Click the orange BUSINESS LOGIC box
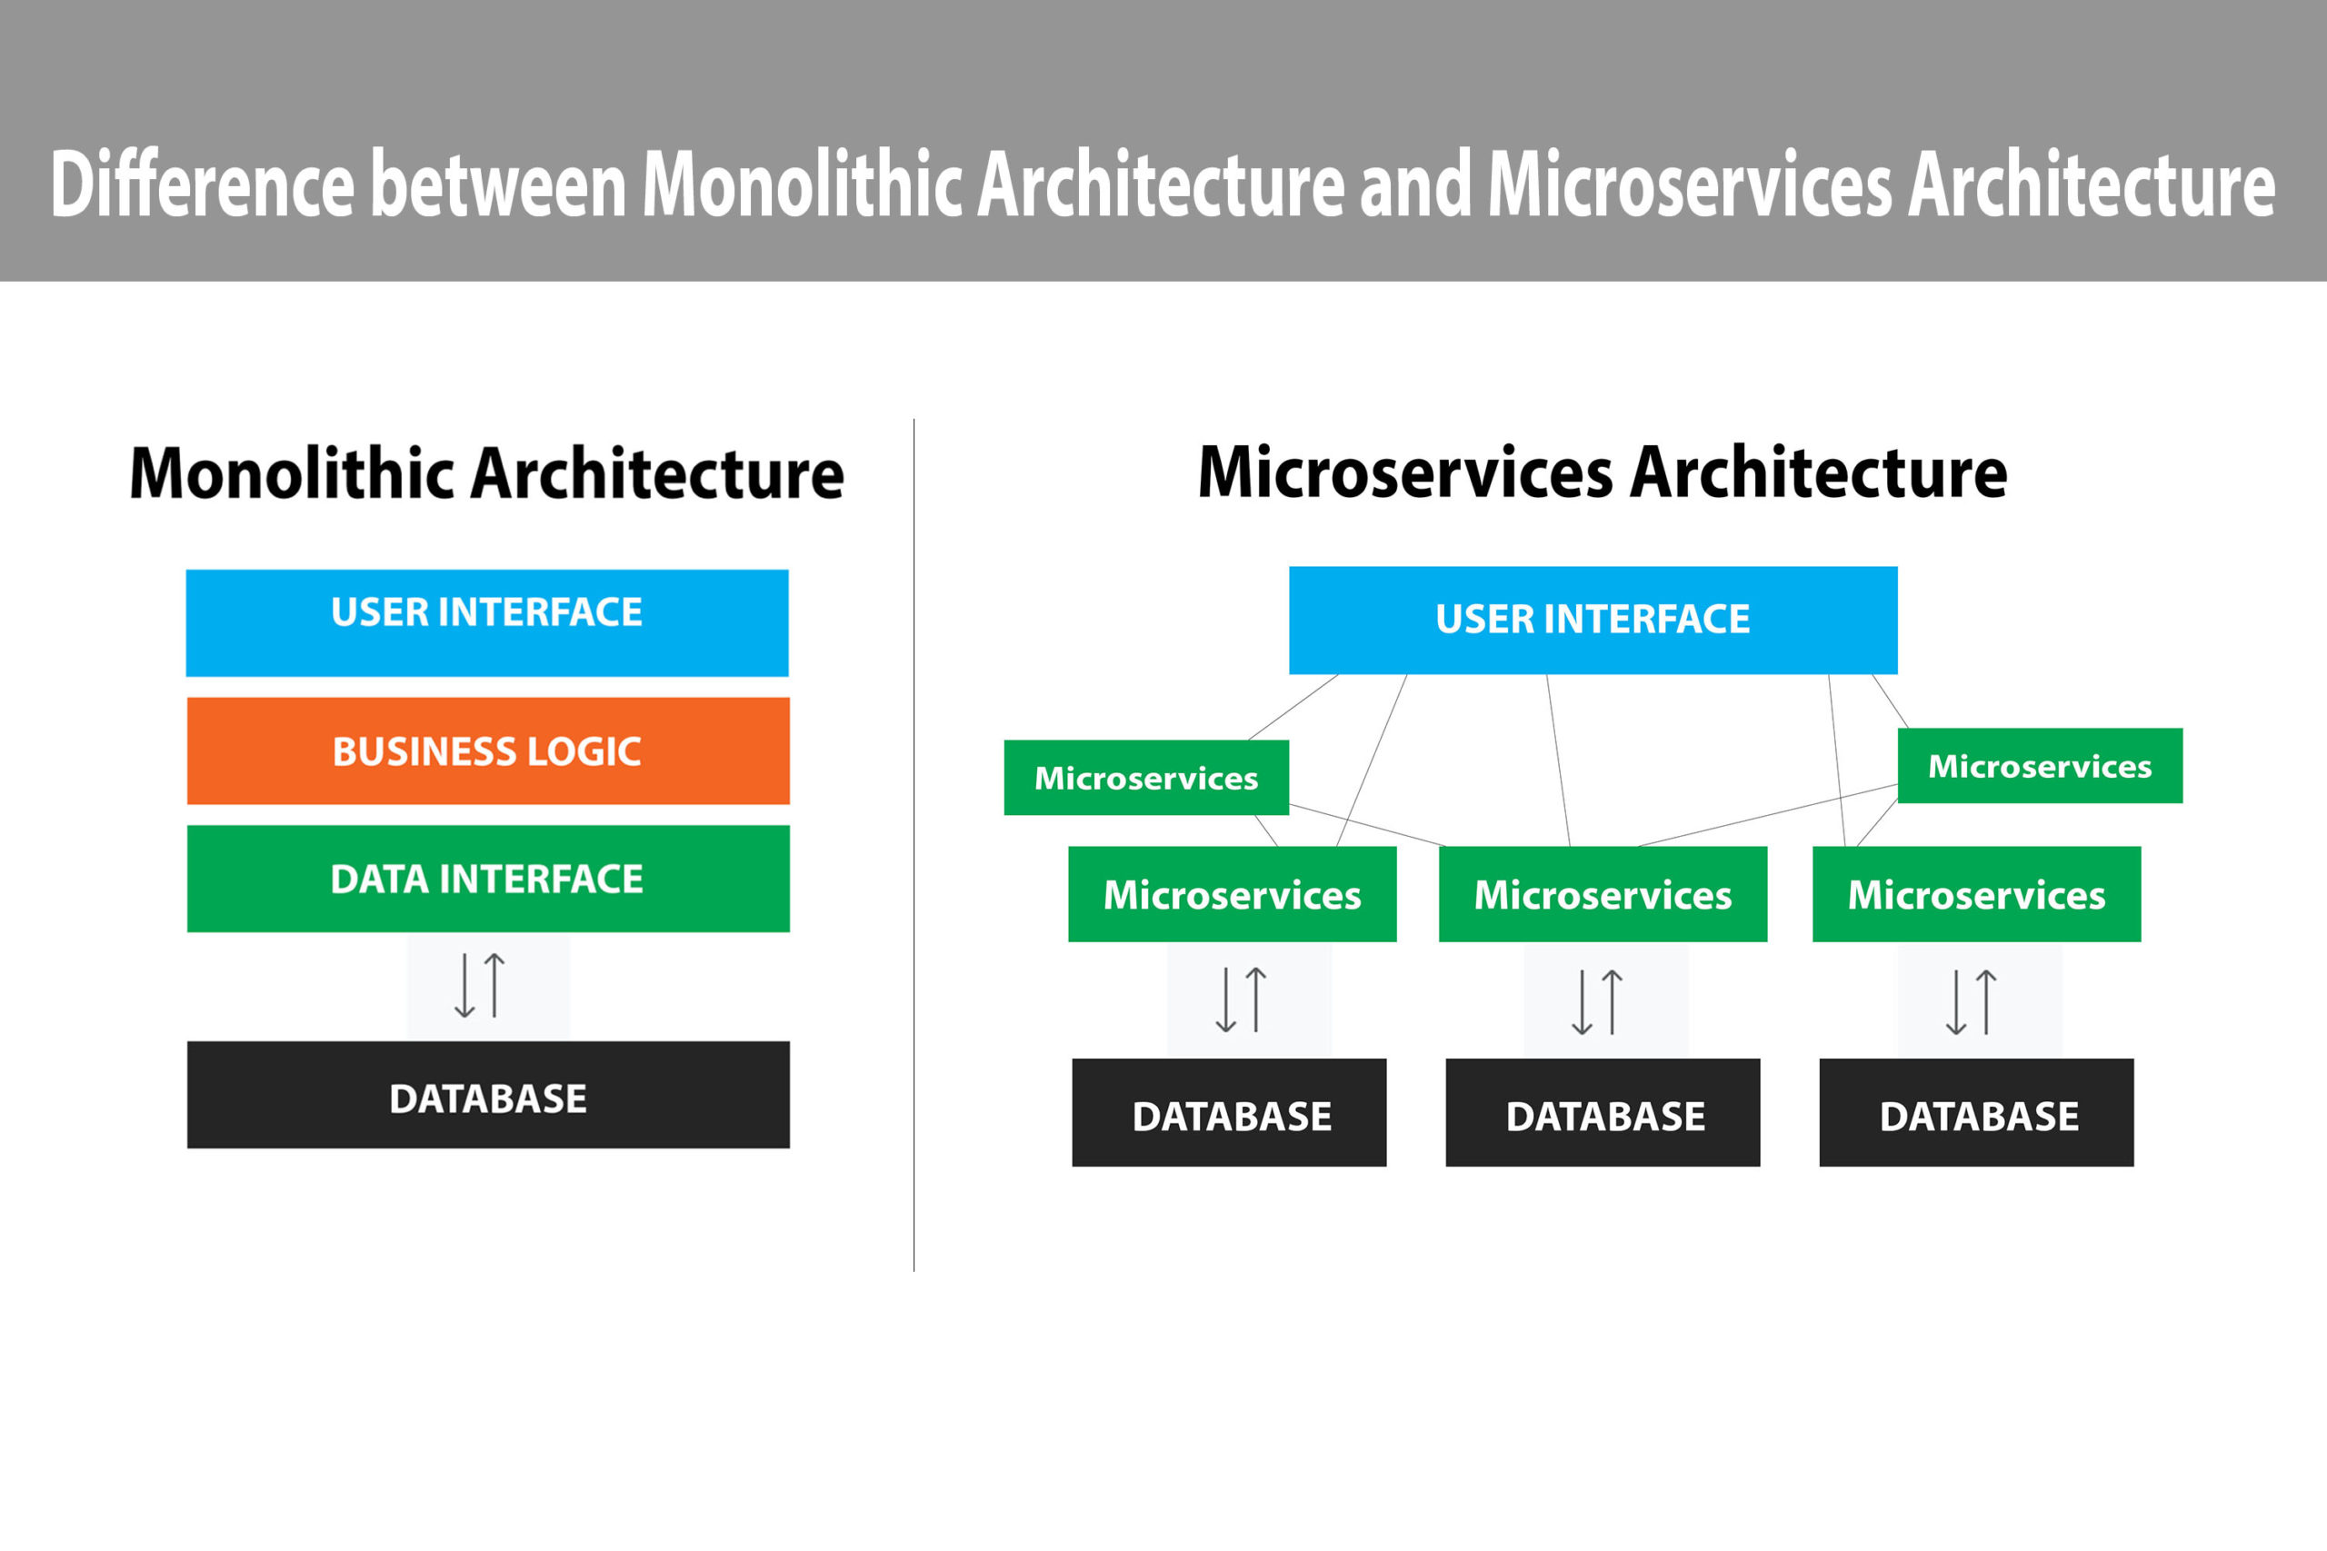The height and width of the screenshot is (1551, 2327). (x=488, y=751)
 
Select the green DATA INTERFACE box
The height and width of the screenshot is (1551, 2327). (x=488, y=879)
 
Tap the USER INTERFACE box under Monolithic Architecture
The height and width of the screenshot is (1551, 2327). (x=487, y=623)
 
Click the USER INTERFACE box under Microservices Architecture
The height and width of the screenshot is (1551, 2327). (x=1593, y=621)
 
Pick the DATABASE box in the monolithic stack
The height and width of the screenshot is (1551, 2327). (x=488, y=1095)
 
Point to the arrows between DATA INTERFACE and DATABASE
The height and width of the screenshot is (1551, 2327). (x=480, y=985)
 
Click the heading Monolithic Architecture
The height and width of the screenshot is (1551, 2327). (x=487, y=472)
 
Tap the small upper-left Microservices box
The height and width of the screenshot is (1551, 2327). (x=1145, y=778)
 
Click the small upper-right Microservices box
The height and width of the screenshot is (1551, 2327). (x=2040, y=766)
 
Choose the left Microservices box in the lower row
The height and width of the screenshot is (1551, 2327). (x=1233, y=894)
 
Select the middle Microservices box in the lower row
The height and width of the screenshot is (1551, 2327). (x=1603, y=894)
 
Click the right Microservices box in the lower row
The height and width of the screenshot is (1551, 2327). (x=1977, y=894)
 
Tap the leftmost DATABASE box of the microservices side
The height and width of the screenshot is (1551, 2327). (x=1229, y=1113)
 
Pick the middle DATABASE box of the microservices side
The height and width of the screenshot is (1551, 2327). (x=1603, y=1113)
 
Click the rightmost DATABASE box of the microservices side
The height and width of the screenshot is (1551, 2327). (x=1977, y=1113)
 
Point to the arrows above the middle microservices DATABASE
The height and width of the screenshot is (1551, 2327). (x=1597, y=1001)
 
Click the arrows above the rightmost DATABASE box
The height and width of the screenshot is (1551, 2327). (x=1971, y=1001)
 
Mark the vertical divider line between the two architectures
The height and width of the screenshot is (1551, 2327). (x=914, y=845)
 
